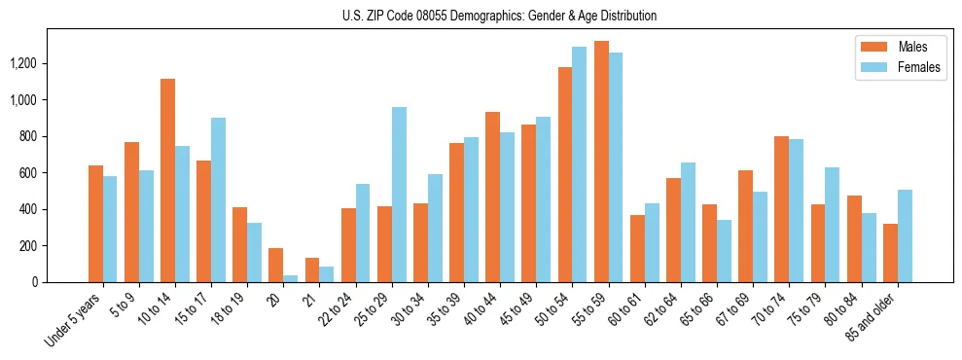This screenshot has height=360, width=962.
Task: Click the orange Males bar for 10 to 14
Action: [x=167, y=181]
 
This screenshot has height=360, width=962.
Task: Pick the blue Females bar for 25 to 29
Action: [x=399, y=195]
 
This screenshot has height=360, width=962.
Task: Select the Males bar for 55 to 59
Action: [x=601, y=162]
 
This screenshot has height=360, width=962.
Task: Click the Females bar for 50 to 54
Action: [x=580, y=164]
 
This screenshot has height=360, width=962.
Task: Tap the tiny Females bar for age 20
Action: [x=291, y=278]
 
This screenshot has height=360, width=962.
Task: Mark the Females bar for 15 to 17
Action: [x=218, y=199]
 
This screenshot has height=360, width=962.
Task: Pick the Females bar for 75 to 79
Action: [x=833, y=225]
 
